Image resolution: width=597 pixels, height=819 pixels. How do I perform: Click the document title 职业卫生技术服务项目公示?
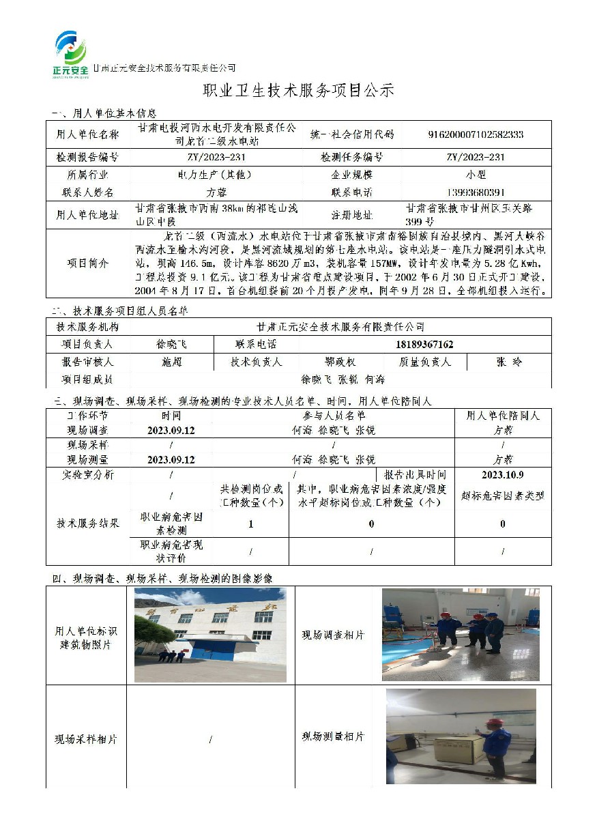pos(299,91)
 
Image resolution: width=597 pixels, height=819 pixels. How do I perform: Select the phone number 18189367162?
pos(424,344)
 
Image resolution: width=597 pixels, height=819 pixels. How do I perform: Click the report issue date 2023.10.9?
pos(502,474)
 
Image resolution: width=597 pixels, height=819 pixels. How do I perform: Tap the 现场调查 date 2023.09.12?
pos(171,431)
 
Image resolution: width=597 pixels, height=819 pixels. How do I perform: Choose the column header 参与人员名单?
pos(334,415)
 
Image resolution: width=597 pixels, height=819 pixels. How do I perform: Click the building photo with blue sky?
pos(210,635)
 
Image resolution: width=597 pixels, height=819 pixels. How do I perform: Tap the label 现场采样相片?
pos(86,739)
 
